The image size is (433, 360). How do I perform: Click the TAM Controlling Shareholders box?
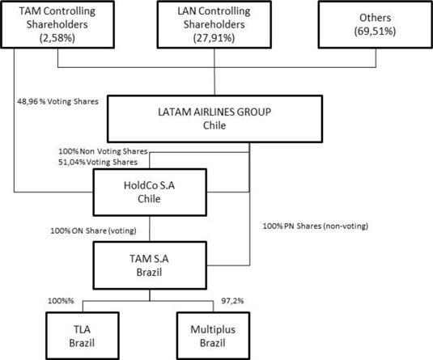(57, 24)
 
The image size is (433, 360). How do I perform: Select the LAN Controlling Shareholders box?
(214, 24)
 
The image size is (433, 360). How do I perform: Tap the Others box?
(376, 24)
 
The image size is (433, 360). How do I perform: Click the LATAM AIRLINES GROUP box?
(214, 119)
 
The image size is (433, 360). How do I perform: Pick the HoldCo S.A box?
(150, 193)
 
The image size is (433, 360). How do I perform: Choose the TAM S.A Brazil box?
(150, 265)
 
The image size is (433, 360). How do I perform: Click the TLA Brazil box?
(83, 336)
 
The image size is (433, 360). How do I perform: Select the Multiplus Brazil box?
(213, 336)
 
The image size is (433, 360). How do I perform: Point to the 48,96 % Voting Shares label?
(57, 102)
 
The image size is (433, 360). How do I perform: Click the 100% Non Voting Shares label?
(103, 151)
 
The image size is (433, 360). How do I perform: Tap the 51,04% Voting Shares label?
(98, 162)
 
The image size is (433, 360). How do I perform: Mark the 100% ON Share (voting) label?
(93, 231)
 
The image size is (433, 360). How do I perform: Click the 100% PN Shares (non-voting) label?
(316, 226)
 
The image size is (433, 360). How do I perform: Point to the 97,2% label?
(232, 301)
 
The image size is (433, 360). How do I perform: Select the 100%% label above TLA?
(61, 301)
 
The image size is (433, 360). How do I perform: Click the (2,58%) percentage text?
(57, 38)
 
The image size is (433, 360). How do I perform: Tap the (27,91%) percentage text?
(214, 38)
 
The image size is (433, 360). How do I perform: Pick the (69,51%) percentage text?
(375, 32)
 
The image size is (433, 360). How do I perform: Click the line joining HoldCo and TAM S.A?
(150, 229)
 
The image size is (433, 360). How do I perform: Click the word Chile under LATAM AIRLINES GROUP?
(214, 125)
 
